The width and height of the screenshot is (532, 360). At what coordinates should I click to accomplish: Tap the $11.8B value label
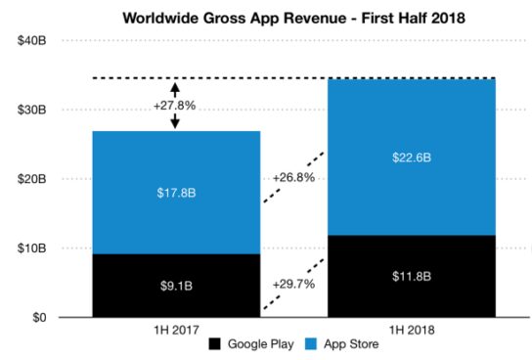point(411,277)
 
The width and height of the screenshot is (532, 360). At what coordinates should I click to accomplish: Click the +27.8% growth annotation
point(177,104)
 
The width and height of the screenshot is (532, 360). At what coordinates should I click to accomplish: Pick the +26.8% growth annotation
point(293,179)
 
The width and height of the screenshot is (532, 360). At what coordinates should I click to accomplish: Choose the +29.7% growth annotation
point(293,285)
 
